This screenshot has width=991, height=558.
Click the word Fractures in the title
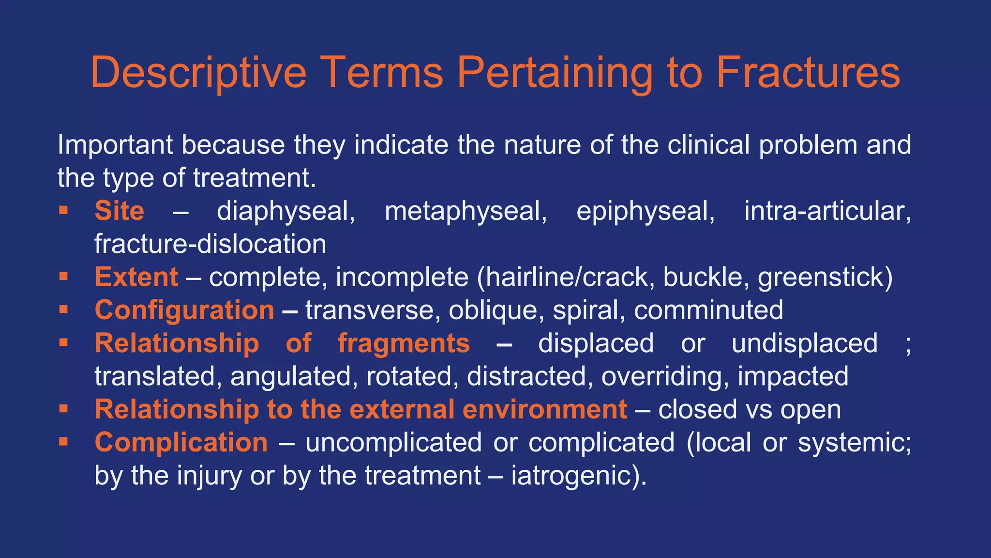point(808,72)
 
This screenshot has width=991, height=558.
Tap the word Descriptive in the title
point(198,72)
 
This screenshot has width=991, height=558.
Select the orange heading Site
point(119,211)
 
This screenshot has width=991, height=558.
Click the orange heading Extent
point(136,277)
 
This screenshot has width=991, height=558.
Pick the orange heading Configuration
point(184,310)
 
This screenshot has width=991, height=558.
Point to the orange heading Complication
point(181,442)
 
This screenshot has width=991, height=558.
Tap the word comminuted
point(708,310)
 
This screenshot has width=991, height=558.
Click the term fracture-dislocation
point(210,244)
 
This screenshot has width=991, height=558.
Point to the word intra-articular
point(827,211)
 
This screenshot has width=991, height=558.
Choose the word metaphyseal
point(465,211)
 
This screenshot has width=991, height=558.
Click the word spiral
point(586,310)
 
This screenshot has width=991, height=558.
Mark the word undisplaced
point(804,343)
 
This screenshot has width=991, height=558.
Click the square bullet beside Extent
point(63,277)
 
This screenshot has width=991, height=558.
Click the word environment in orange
point(544,409)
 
